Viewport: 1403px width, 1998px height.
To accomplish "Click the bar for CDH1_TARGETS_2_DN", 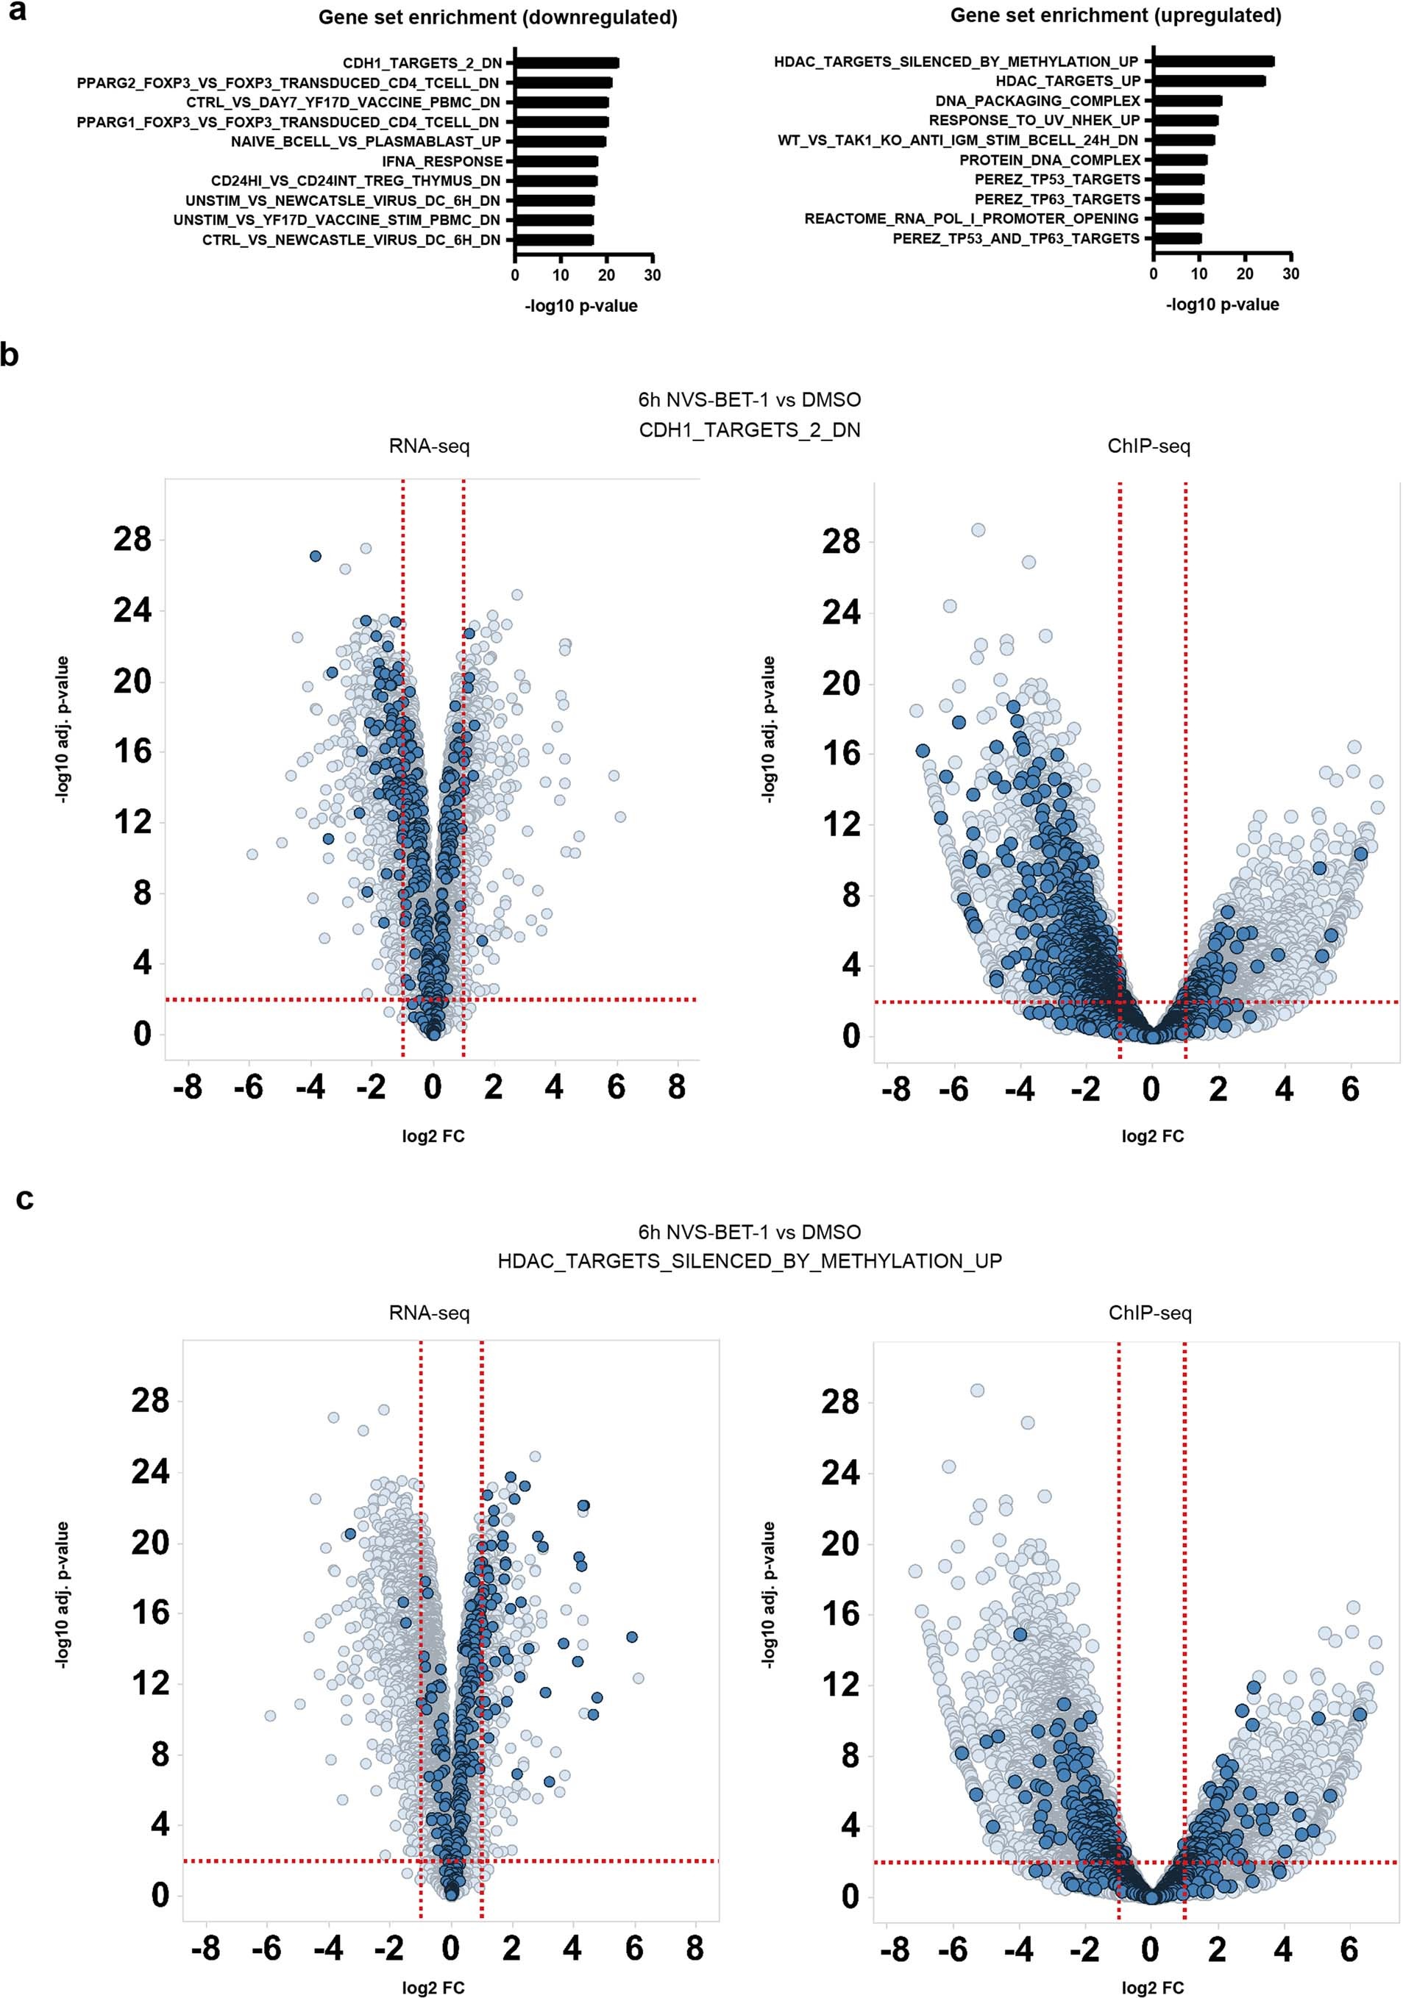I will click(x=566, y=63).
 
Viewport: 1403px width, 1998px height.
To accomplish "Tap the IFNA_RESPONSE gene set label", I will click(x=442, y=161).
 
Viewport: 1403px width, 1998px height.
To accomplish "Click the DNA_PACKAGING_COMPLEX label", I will click(x=1037, y=101).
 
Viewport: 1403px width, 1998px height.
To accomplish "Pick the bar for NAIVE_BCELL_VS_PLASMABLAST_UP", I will click(x=560, y=141).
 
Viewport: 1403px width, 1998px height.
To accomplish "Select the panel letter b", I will click(x=10, y=355).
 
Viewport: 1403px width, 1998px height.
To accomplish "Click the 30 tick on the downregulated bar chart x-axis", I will click(x=652, y=275).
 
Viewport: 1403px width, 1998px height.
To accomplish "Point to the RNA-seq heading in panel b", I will click(x=428, y=446).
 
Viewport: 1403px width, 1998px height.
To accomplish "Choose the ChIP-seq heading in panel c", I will click(x=1149, y=1313).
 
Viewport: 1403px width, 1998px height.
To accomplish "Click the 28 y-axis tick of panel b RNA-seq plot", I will click(x=132, y=540).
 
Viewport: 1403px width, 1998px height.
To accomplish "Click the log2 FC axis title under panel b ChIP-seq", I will click(x=1152, y=1135).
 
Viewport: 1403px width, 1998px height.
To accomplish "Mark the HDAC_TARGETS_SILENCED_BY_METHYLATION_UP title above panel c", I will click(x=750, y=1261).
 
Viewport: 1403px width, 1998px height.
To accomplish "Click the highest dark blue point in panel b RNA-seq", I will click(x=315, y=556).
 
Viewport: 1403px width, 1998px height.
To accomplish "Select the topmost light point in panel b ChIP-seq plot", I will click(x=978, y=530).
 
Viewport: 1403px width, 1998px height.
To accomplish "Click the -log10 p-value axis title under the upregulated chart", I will click(x=1222, y=304).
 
